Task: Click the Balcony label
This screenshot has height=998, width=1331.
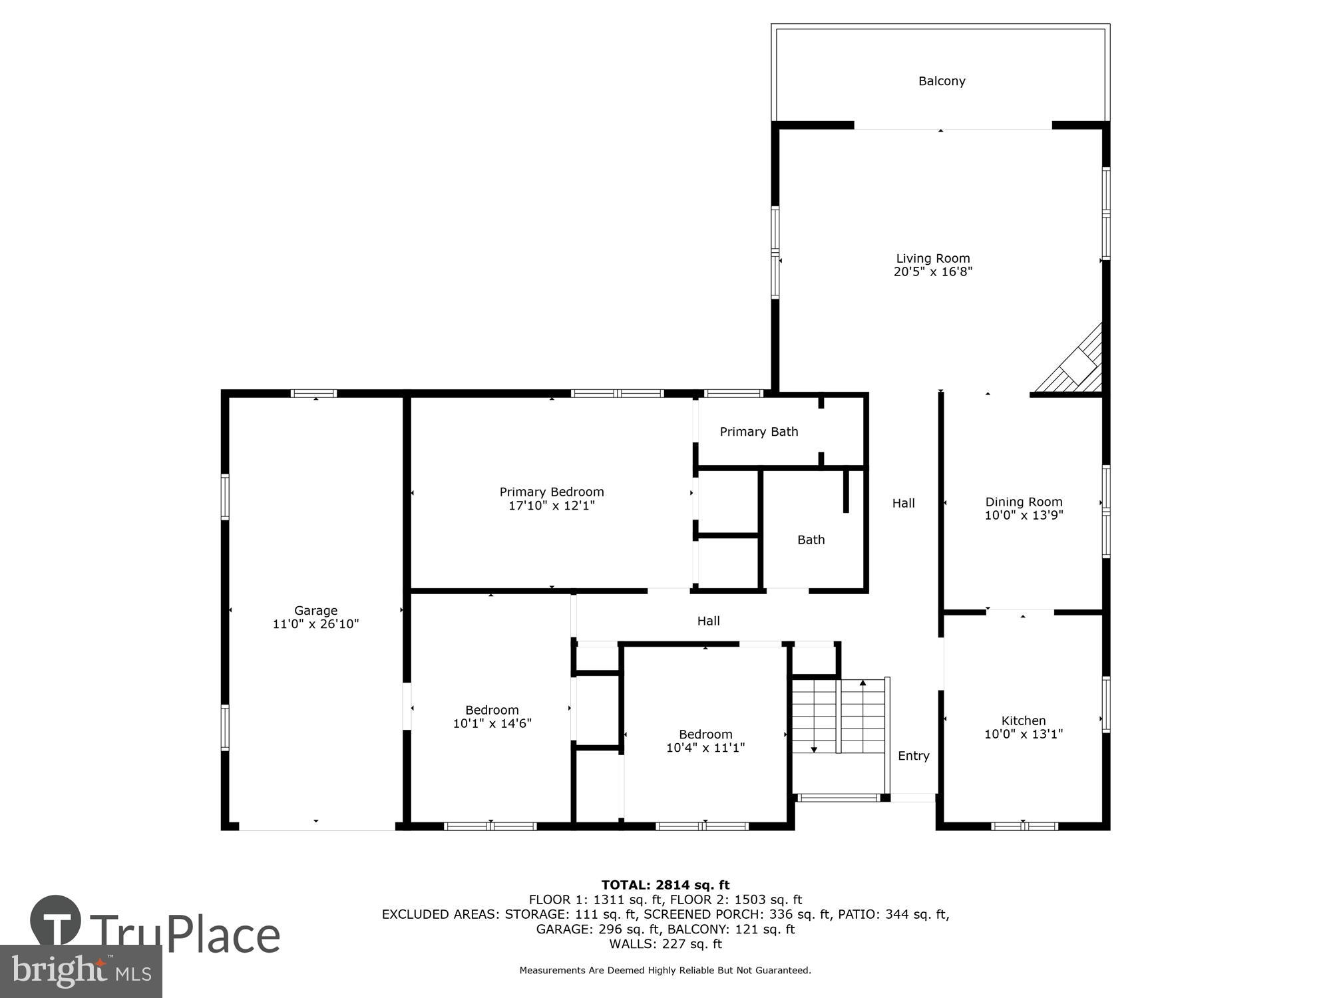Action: (x=941, y=81)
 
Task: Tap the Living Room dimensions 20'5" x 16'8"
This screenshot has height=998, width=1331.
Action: (x=932, y=271)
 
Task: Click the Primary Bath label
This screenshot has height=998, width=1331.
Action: (x=759, y=432)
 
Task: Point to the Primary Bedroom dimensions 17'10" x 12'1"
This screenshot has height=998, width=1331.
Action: (x=551, y=506)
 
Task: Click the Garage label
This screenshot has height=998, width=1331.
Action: (x=315, y=610)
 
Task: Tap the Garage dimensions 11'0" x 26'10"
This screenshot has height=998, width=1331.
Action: (x=315, y=624)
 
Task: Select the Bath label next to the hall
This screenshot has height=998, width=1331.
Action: (x=811, y=540)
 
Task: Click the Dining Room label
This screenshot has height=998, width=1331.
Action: (x=1024, y=502)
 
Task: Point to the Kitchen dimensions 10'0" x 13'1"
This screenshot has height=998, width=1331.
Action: (x=1024, y=734)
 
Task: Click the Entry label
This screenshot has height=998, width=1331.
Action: (x=913, y=756)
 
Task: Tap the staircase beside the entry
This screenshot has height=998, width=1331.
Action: (x=839, y=716)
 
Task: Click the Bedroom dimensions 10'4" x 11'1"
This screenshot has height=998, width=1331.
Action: (x=705, y=748)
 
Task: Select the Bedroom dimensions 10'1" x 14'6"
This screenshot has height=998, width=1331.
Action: (x=492, y=723)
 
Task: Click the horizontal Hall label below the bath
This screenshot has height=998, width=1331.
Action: (x=708, y=621)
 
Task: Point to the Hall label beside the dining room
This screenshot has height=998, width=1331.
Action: (x=903, y=503)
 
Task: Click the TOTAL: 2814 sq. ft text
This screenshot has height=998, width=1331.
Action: (x=665, y=885)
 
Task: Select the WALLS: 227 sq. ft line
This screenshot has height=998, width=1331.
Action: (x=665, y=943)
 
